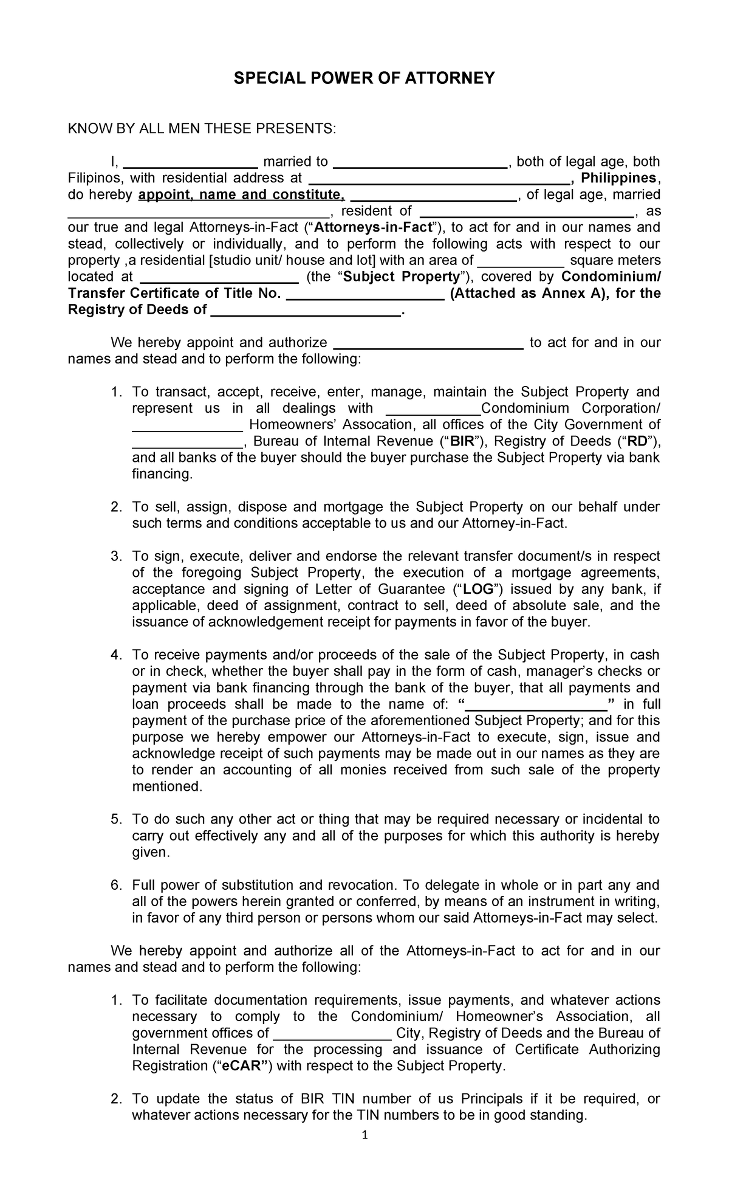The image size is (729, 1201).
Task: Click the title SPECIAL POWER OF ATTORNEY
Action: [364, 78]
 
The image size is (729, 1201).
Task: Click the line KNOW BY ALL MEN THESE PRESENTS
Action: [201, 128]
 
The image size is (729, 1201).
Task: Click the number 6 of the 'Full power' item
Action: [117, 885]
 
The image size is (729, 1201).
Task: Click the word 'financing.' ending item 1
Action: [162, 474]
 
